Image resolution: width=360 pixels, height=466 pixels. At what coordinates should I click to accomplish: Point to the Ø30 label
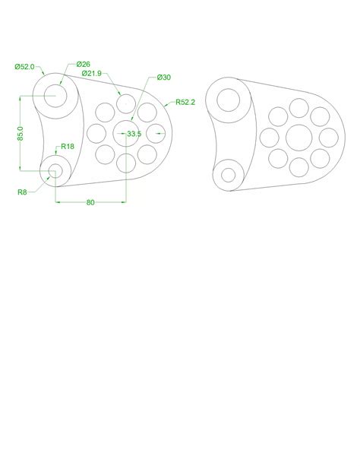(164, 78)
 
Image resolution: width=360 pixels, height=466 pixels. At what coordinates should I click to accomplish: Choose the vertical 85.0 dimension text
(21, 133)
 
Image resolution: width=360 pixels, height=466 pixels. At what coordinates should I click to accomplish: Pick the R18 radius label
(68, 147)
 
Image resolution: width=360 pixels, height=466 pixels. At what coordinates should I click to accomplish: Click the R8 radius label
(23, 193)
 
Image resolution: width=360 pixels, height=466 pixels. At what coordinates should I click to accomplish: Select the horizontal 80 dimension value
(90, 203)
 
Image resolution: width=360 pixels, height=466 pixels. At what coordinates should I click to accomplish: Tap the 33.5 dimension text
(134, 134)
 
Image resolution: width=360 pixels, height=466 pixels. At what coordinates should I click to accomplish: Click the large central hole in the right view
(298, 138)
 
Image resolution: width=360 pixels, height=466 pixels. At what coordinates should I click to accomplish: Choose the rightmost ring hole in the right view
(327, 138)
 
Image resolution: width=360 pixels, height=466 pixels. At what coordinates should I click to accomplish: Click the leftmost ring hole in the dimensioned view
(96, 134)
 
